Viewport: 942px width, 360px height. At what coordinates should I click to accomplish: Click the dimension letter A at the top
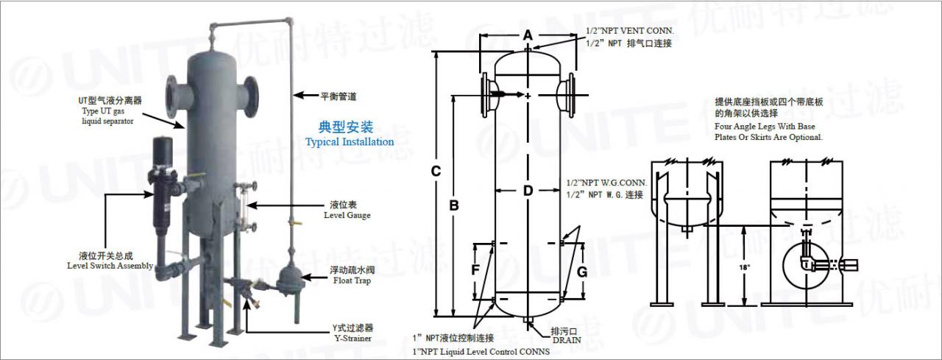tap(527, 35)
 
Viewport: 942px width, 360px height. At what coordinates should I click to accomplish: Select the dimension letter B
tap(454, 205)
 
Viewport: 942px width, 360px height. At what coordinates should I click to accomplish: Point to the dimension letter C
tap(436, 172)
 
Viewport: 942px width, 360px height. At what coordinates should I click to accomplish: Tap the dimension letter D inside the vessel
tap(528, 191)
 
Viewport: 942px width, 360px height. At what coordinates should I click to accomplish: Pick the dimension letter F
tap(475, 270)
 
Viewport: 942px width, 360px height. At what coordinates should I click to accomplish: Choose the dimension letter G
tap(581, 272)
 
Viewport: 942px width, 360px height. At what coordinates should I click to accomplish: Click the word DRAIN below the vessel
tap(567, 340)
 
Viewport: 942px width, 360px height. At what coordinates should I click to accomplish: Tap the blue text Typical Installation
tap(350, 141)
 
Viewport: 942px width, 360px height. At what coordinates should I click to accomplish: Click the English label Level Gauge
tap(347, 215)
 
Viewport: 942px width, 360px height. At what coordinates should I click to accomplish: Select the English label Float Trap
tap(350, 280)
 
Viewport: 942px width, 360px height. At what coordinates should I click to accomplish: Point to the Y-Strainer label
tap(351, 339)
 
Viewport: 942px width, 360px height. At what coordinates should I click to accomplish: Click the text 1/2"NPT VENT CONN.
tap(629, 32)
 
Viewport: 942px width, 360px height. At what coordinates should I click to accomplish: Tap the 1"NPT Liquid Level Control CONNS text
tap(482, 352)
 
